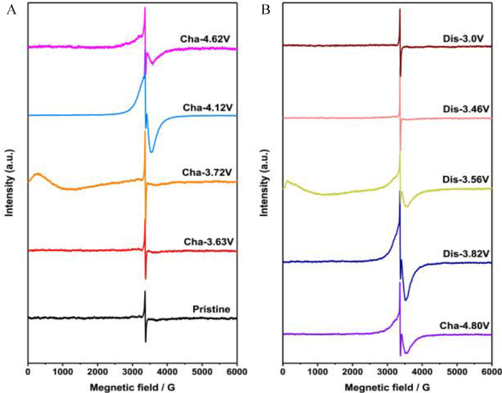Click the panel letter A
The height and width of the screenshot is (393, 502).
point(9,10)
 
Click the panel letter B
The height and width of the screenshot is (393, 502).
point(265,10)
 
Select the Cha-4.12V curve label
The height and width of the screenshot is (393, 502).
point(208,107)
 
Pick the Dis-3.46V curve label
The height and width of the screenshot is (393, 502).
point(465,108)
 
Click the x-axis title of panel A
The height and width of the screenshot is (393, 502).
point(132,386)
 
